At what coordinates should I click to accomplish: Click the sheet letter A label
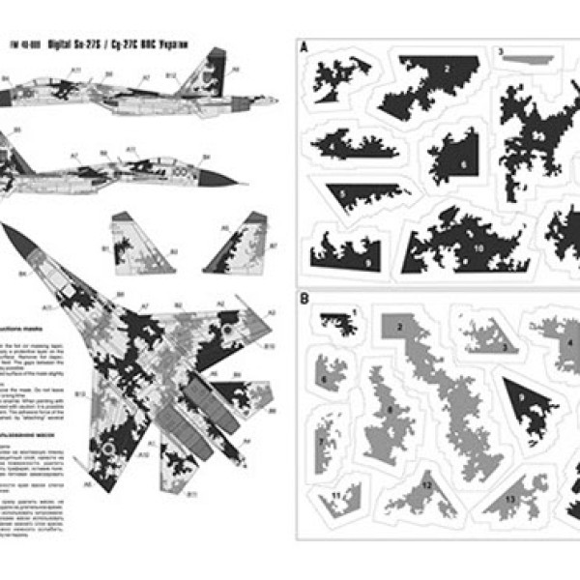pyautogui.click(x=305, y=46)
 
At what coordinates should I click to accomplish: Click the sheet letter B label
pyautogui.click(x=304, y=300)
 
